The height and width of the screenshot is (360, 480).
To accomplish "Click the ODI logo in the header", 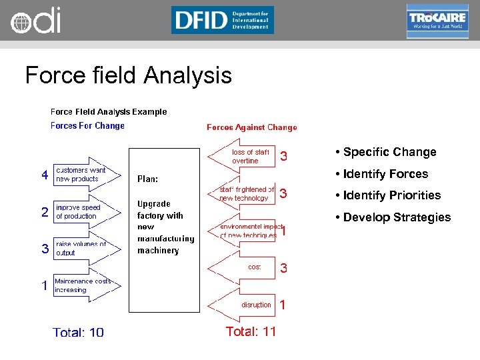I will point(35,21).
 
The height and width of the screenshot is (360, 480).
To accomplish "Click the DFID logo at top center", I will point(222,20).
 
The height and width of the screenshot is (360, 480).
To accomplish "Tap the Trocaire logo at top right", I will point(437,21).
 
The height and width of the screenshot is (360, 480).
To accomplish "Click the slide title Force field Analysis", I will point(128,75).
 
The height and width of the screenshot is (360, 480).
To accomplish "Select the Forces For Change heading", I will point(87,125).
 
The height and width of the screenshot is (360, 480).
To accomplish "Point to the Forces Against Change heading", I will point(251,127).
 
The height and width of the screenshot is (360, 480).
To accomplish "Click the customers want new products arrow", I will point(87,175).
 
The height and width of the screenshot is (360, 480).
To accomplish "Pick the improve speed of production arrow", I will point(87,212).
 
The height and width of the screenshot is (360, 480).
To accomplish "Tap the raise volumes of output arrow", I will point(87,249).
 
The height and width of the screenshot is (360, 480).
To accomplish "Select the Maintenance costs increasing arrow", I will point(87,286).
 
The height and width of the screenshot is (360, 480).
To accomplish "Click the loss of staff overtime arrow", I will point(243,157).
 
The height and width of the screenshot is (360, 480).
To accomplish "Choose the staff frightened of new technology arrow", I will point(243,194).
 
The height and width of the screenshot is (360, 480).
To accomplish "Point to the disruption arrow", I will point(243,305).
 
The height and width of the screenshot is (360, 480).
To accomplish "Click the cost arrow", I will point(243,267).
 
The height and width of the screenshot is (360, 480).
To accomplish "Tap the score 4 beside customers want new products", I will point(45,175).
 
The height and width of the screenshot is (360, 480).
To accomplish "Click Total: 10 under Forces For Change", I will point(79,332).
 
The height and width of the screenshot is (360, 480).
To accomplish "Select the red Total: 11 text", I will point(251,331).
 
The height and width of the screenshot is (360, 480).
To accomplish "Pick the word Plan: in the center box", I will point(147,179).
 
